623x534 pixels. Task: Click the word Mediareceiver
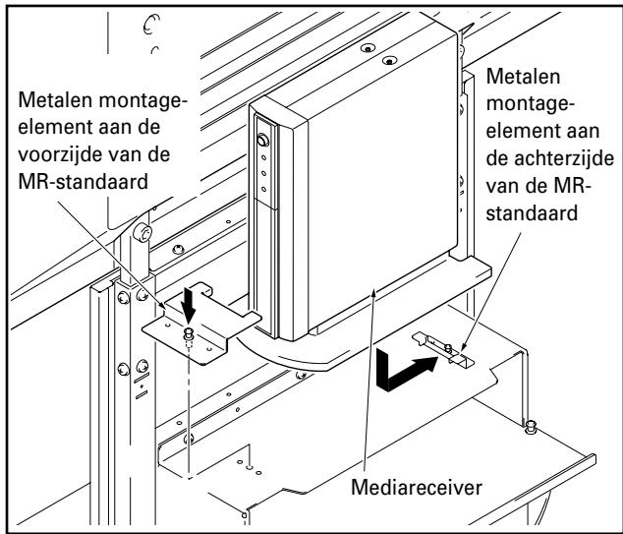[x=417, y=487]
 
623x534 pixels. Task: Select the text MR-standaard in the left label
[x=84, y=182]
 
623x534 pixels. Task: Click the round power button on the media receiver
[x=262, y=140]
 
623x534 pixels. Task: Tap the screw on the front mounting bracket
[x=188, y=335]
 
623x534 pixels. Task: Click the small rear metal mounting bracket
[x=443, y=349]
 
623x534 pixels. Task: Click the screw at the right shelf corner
[x=530, y=427]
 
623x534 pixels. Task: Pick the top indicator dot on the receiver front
[x=263, y=158]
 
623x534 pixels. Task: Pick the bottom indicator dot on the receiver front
[x=263, y=189]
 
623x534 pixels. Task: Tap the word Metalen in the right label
[x=524, y=76]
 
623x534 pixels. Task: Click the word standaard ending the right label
[x=532, y=213]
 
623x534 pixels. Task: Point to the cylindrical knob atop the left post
[x=142, y=233]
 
